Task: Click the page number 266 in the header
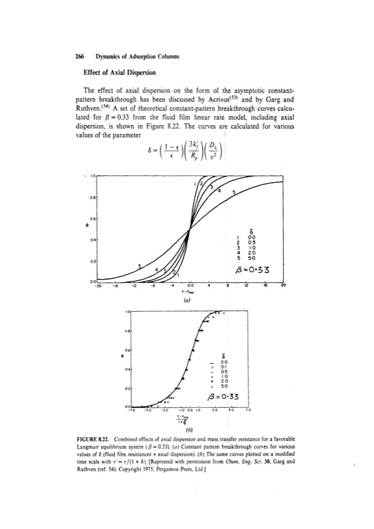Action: [79, 57]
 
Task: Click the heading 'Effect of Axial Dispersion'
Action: [114, 72]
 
